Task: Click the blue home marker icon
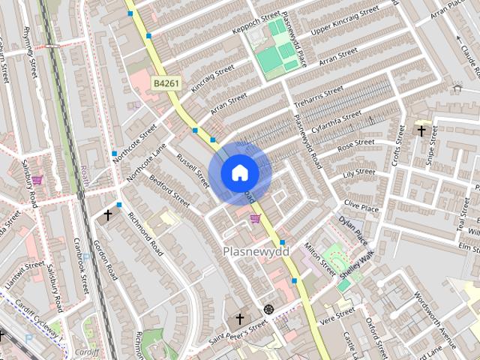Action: [x=240, y=173]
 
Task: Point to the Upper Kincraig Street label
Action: [x=346, y=22]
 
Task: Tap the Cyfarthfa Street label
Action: [x=337, y=120]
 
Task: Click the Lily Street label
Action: [x=358, y=174]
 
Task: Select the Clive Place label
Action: [x=361, y=205]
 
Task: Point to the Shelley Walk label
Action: [x=357, y=268]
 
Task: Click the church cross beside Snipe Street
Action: [x=421, y=131]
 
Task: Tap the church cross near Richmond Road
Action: [x=107, y=216]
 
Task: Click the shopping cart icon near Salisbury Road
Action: [x=37, y=180]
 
